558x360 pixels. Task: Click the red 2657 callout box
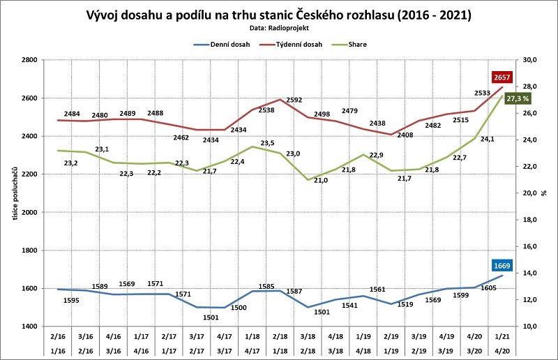click(x=502, y=77)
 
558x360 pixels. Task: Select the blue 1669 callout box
click(x=502, y=265)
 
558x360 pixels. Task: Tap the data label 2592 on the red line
click(x=294, y=100)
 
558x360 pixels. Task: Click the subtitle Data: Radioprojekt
click(x=278, y=29)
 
